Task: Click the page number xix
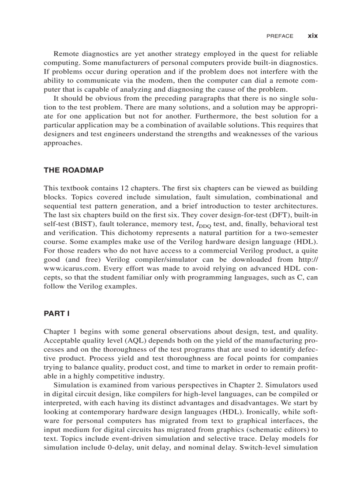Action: tap(312, 36)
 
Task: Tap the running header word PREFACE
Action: tap(280, 36)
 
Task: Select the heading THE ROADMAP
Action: tap(74, 170)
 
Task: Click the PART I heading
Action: tap(56, 314)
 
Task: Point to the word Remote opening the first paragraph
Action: tap(66, 54)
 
